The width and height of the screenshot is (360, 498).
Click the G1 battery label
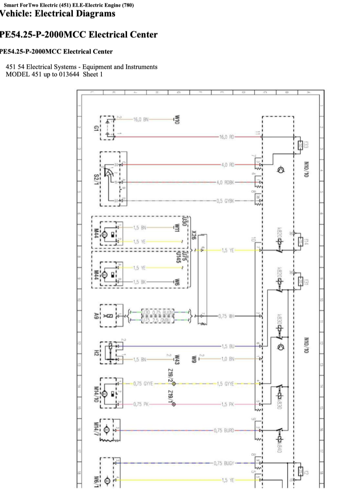tap(96, 128)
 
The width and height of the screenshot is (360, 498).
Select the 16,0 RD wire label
tap(227, 136)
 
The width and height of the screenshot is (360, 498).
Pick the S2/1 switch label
tap(96, 179)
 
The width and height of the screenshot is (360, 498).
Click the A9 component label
tap(96, 316)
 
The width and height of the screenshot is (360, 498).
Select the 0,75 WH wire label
tap(226, 316)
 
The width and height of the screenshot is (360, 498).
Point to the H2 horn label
tap(96, 353)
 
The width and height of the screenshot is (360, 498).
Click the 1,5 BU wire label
tap(228, 346)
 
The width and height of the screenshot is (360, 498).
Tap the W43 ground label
tap(177, 359)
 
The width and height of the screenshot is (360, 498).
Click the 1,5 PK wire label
tap(228, 404)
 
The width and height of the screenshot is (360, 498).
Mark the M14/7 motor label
tap(96, 430)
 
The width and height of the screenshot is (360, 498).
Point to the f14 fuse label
tap(307, 242)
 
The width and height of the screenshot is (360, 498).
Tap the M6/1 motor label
tap(96, 481)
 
